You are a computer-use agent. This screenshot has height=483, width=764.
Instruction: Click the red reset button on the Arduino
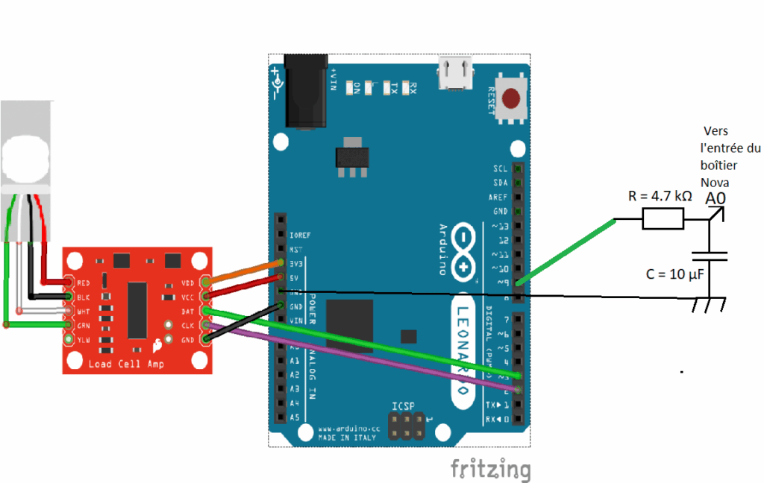(511, 98)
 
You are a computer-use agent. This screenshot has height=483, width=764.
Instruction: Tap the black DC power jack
(306, 91)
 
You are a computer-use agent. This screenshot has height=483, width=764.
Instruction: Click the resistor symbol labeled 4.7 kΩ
(663, 218)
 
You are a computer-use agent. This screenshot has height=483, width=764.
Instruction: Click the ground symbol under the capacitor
(709, 304)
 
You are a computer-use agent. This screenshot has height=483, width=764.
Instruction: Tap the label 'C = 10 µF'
(675, 274)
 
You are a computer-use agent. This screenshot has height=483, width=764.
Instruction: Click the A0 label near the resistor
(715, 198)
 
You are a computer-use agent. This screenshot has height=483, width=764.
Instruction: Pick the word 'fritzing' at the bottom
(490, 469)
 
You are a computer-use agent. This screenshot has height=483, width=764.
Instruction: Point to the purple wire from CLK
(358, 355)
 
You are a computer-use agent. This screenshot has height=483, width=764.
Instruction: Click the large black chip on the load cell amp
(137, 310)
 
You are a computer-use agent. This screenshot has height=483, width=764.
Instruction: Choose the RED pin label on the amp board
(84, 283)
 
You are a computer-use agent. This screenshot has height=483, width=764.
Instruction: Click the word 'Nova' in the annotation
(715, 183)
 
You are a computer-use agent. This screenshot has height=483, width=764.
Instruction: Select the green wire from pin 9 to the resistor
(567, 250)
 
